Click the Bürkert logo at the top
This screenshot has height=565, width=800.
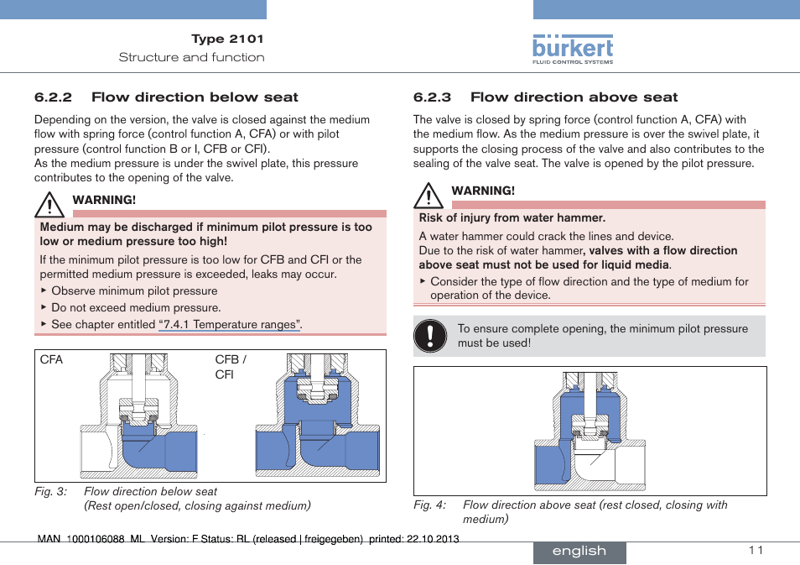point(573,49)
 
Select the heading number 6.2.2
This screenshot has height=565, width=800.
point(52,97)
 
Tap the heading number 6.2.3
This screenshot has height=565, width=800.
point(431,97)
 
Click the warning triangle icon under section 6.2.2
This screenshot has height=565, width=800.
point(49,204)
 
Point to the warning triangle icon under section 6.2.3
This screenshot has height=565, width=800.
point(429,195)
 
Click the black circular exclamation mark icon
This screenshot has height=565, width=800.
point(430,336)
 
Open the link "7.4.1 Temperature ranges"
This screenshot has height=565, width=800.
point(229,325)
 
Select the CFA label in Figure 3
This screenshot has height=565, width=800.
point(51,360)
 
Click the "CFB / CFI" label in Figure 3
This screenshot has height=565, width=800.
point(231,367)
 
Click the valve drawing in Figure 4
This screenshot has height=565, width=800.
point(590,430)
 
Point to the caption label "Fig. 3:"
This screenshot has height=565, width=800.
point(51,492)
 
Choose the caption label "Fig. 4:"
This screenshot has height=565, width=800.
point(430,505)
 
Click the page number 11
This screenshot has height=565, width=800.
point(756,550)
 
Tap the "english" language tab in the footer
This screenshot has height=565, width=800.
point(579,551)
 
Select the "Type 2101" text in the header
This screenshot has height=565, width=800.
point(227,39)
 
